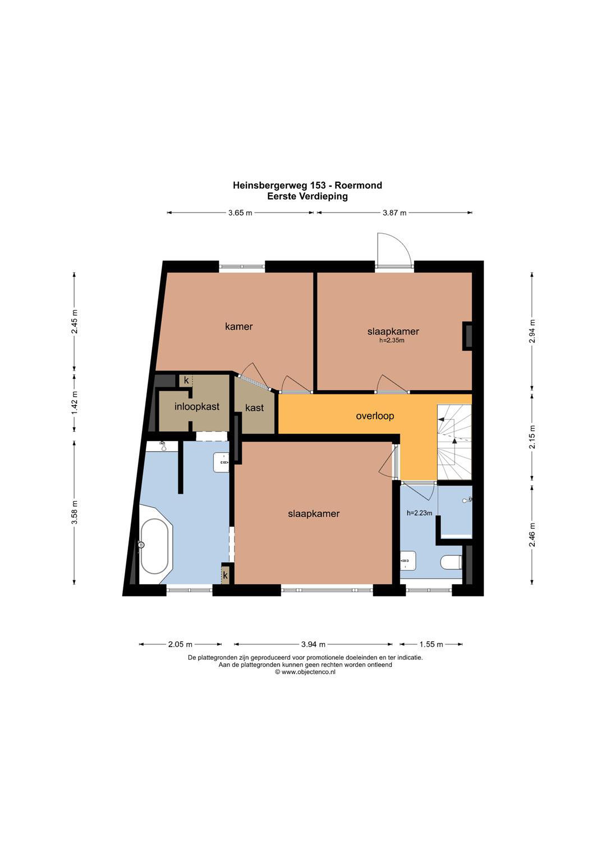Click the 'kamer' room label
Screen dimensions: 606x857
tap(239, 327)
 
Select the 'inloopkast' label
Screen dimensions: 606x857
tap(197, 406)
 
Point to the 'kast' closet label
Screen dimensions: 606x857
tap(255, 408)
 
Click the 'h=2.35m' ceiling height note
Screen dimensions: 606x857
tap(392, 340)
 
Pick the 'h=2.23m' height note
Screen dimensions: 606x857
tap(419, 513)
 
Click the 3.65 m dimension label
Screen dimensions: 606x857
tap(240, 213)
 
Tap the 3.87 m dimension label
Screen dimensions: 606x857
tap(394, 213)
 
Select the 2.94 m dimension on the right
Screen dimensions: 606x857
tap(532, 331)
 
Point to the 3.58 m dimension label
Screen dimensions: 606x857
tap(75, 512)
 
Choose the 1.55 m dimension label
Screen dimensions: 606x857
tap(431, 644)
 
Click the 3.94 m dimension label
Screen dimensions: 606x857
tap(313, 644)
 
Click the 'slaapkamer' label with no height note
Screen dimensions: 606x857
tap(314, 514)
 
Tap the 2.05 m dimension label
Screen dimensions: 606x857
tap(180, 644)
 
